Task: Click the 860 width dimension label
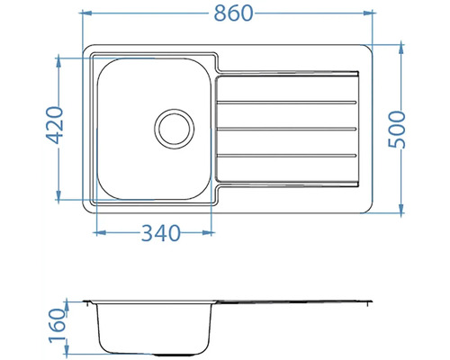point(234,13)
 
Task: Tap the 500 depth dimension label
point(397,130)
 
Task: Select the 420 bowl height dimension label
point(55,125)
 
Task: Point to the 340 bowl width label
point(161,233)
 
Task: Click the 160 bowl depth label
point(58,326)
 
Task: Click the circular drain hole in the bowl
point(175,129)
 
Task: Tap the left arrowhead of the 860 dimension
point(86,13)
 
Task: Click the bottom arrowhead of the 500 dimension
point(401,209)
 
